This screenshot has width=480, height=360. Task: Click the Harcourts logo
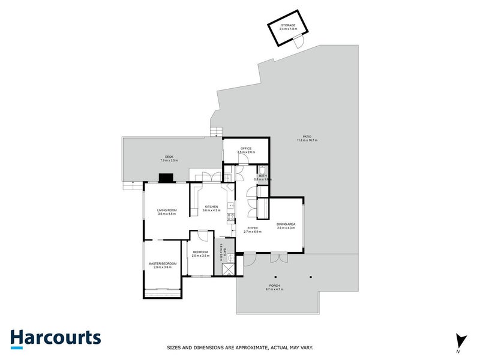[x=55, y=337]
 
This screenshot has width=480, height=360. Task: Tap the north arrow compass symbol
[x=460, y=340]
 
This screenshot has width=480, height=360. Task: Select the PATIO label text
[x=307, y=137]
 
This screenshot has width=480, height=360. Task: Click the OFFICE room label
[x=246, y=149]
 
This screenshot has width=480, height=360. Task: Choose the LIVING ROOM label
[x=166, y=210]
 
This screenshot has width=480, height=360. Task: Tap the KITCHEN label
[x=211, y=206]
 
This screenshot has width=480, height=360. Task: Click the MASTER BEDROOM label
[x=163, y=263]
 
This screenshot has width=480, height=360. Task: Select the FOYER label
[x=253, y=229]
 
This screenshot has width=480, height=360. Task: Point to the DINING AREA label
[x=286, y=224]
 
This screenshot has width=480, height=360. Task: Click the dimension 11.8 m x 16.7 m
[x=307, y=141]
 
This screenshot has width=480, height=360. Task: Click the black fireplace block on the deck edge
[x=166, y=178]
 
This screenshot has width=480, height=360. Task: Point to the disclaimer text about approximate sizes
[x=239, y=347]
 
